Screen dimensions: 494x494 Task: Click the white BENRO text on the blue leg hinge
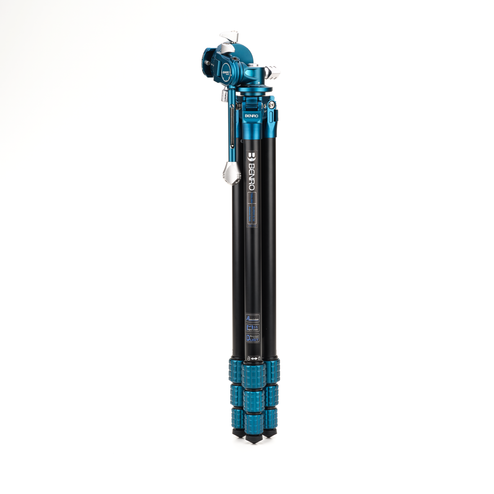pos(251,116)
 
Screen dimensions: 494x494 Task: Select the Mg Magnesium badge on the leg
pos(252,328)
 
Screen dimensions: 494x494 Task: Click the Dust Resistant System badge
pos(252,338)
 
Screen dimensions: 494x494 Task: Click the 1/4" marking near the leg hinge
pos(265,111)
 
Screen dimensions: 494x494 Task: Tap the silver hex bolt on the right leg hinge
pos(272,105)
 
